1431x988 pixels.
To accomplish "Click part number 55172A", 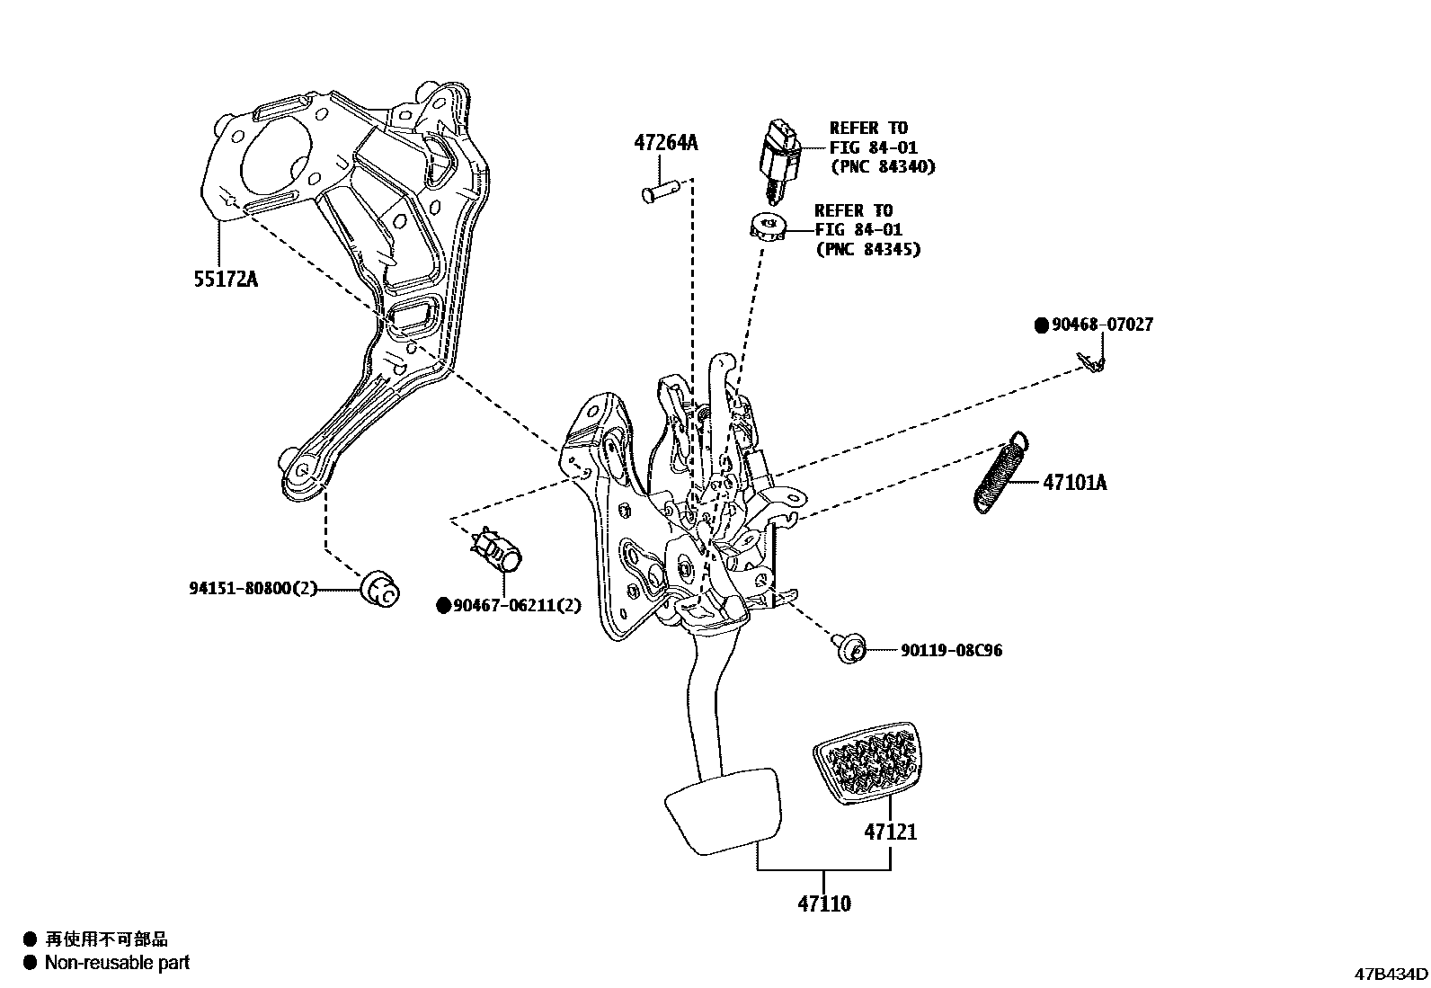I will pyautogui.click(x=225, y=279).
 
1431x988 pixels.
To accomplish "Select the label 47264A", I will pyautogui.click(x=665, y=143).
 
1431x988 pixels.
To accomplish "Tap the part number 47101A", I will pyautogui.click(x=1074, y=483).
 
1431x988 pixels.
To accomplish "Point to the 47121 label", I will pyautogui.click(x=891, y=832).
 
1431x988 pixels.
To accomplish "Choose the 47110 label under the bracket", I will pyautogui.click(x=823, y=903).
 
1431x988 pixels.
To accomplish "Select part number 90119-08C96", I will pyautogui.click(x=951, y=650).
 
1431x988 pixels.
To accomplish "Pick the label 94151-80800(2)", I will pyautogui.click(x=253, y=589).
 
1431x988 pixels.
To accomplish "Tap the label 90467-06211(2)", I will pyautogui.click(x=517, y=606).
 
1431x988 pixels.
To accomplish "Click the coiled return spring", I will pyautogui.click(x=1000, y=473).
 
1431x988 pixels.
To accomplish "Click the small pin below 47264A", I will pyautogui.click(x=661, y=193).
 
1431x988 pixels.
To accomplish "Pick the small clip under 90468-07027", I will pyautogui.click(x=1093, y=362).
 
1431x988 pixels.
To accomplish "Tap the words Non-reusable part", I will pyautogui.click(x=117, y=963).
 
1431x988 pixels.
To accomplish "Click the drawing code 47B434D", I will pyautogui.click(x=1391, y=975).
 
